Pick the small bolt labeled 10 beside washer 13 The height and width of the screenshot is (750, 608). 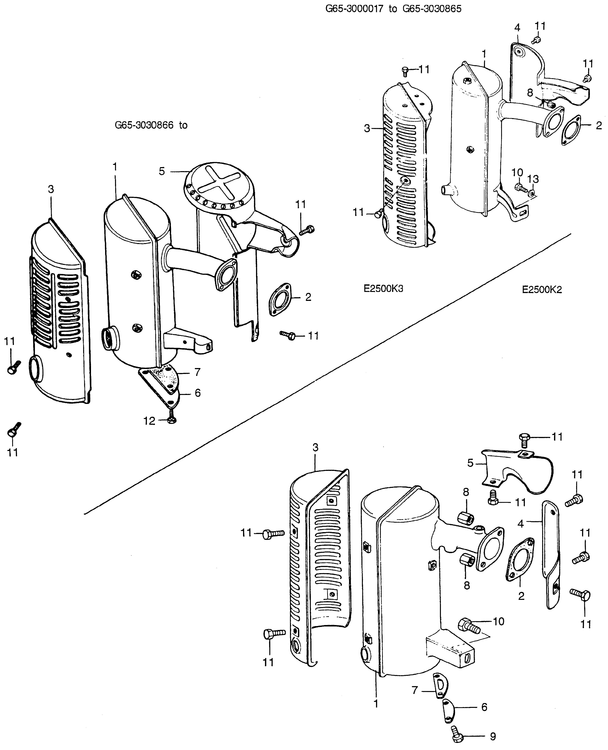(x=520, y=187)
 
